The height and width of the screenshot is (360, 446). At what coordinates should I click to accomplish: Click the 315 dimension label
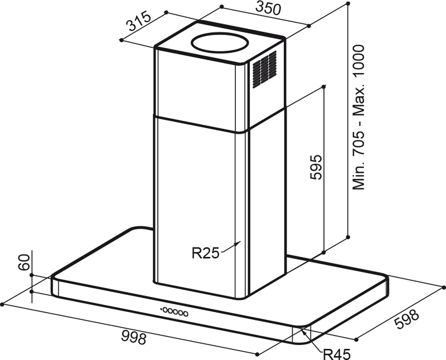138,23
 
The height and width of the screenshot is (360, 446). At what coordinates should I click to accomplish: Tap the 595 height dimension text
315,167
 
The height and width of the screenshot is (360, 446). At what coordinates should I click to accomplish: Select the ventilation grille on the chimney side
264,69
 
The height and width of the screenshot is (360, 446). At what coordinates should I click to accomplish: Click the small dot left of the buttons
161,308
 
